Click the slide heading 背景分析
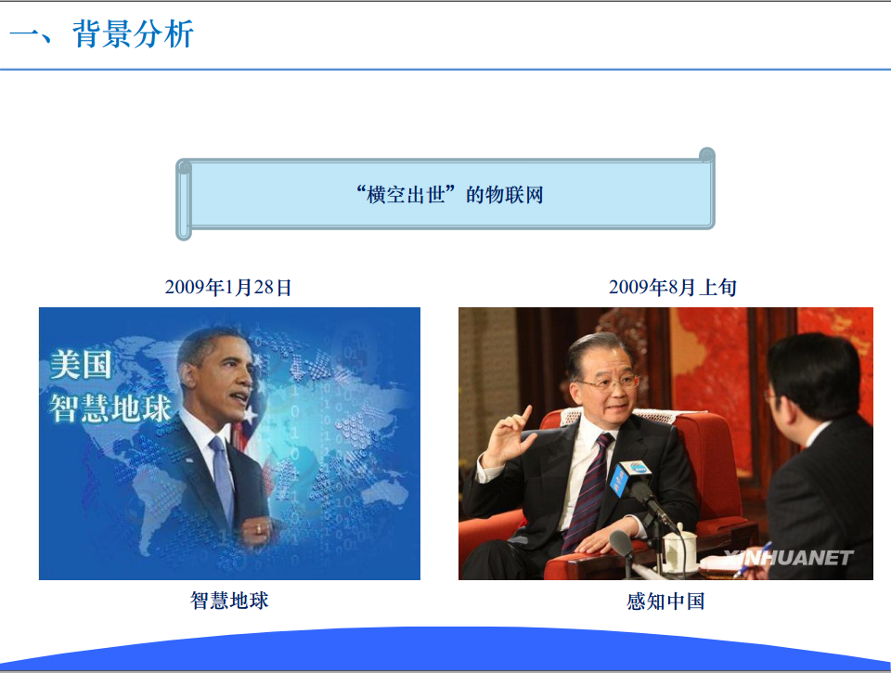(134, 34)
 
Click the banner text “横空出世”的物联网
(449, 195)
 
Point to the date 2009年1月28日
(228, 287)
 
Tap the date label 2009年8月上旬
(672, 287)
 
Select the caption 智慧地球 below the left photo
(229, 601)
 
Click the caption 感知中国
(665, 601)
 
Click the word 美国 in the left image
(80, 365)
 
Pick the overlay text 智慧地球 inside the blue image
(110, 408)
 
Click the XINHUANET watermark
(789, 558)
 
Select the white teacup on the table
(679, 548)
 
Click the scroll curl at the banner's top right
(706, 155)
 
